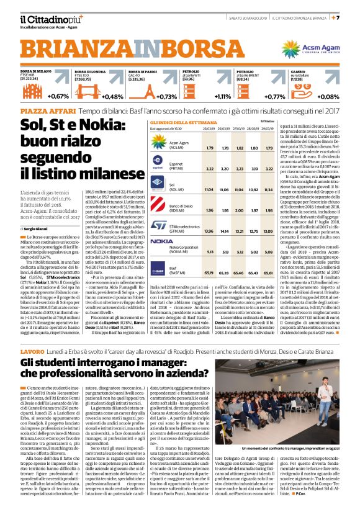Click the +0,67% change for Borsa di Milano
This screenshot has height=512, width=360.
point(58,97)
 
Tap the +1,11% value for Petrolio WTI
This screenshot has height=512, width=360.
point(239,97)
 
